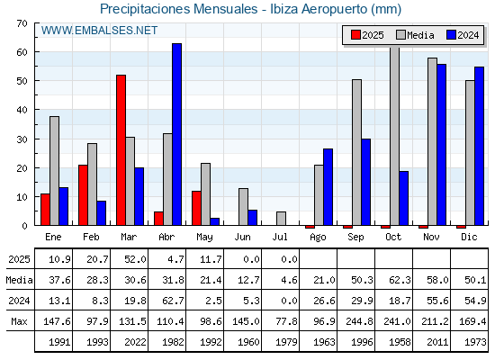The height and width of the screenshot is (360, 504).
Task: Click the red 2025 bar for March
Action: (x=121, y=149)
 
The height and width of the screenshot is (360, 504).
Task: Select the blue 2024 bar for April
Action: (x=176, y=134)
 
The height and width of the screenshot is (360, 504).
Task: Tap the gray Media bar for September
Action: (x=356, y=152)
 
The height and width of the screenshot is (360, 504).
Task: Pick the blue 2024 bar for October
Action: (x=404, y=198)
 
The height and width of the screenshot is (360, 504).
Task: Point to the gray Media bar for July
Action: (x=281, y=218)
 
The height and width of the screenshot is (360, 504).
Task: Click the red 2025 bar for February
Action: (x=83, y=194)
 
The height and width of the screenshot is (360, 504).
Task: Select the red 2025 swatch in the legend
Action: (x=355, y=35)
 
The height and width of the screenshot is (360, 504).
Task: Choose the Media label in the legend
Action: (x=420, y=35)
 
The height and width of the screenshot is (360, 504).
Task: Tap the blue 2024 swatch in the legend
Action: (x=451, y=35)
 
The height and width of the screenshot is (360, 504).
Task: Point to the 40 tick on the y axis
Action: (x=36, y=110)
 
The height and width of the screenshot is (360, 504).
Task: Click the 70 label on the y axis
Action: (x=22, y=23)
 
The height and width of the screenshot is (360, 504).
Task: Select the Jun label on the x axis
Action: (x=242, y=237)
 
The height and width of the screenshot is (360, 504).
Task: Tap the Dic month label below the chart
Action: (x=469, y=237)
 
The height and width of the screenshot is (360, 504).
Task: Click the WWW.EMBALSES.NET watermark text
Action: (x=99, y=31)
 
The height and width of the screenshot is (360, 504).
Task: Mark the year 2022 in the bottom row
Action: (x=135, y=342)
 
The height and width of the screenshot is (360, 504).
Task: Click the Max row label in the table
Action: (x=19, y=321)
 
